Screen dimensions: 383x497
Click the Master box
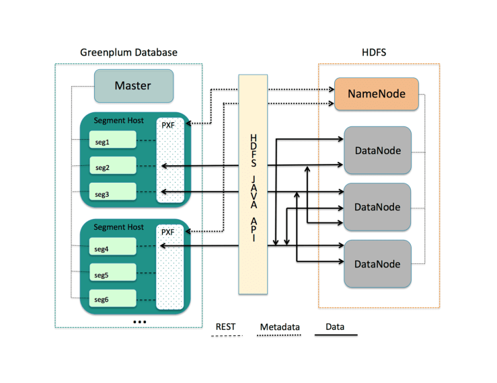133,86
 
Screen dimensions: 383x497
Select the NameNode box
376,95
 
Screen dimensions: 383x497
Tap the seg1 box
113,141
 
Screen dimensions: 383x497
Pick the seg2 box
113,167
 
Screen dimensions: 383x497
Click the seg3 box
113,194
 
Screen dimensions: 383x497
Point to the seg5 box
113,274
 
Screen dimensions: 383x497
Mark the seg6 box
113,299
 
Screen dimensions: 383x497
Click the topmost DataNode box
377,150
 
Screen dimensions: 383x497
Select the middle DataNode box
377,206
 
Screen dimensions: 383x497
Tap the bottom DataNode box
377,263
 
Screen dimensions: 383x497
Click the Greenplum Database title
129,52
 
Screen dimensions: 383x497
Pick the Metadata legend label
279,327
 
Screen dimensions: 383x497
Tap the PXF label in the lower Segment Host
167,232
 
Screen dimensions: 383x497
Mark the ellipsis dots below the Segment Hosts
139,322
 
